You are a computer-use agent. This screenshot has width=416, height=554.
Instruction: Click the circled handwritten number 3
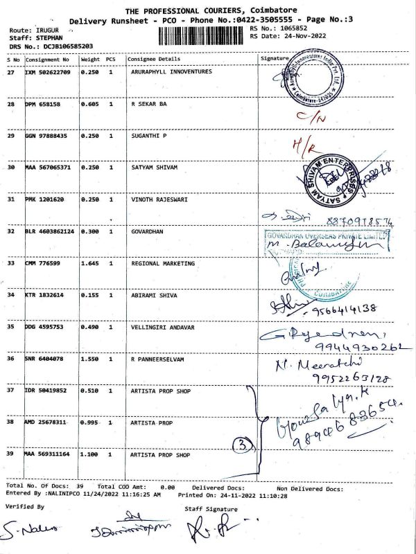[x=239, y=443]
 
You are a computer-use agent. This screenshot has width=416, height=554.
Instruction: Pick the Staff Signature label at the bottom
[x=211, y=508]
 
